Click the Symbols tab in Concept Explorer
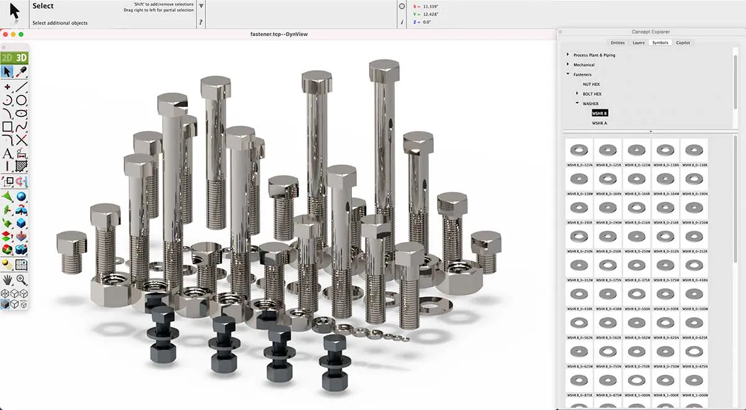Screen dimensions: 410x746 point(660,42)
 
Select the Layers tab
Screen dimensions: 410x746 point(638,42)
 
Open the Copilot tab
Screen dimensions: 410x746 point(683,42)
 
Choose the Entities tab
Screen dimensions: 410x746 point(617,42)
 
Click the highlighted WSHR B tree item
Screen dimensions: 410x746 point(599,113)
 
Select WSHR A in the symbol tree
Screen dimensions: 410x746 point(599,123)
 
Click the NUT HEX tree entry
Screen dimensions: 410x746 point(591,84)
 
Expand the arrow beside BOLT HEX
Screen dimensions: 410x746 point(578,94)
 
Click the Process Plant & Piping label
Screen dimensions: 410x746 point(594,55)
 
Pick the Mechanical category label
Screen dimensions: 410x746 point(584,65)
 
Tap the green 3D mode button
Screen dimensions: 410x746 point(22,58)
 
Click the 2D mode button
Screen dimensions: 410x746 point(7,58)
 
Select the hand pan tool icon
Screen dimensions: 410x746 point(7,280)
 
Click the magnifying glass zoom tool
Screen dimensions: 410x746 point(22,280)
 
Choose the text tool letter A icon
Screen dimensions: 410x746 point(7,153)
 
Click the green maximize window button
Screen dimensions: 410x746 point(21,34)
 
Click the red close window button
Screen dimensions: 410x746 point(4,34)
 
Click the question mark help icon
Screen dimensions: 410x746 point(200,22)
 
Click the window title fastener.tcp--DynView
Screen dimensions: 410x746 point(274,34)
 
